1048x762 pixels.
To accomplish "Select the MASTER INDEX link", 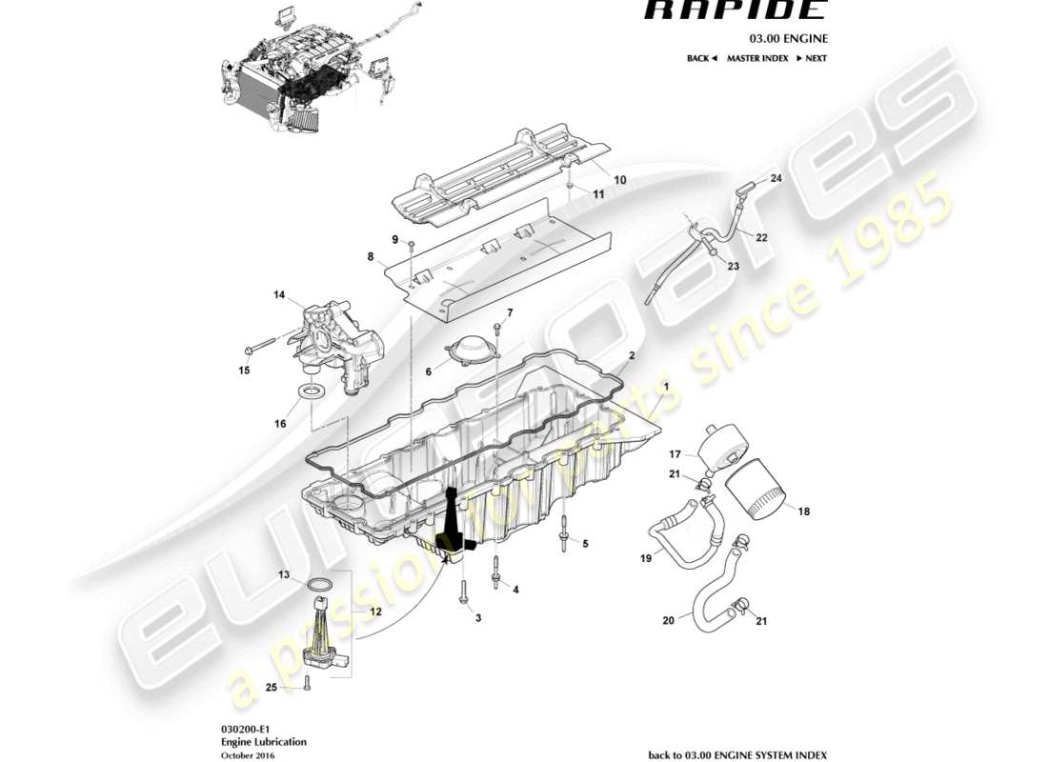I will (x=757, y=58).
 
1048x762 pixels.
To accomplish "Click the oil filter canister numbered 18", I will (x=759, y=489).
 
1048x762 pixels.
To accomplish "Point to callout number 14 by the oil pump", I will (x=279, y=295).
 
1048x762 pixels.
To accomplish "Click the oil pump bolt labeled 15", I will (x=262, y=342).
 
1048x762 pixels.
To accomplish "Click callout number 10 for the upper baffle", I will (x=619, y=179).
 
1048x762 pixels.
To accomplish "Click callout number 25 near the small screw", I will (x=272, y=687).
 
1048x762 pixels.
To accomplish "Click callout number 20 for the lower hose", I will (x=668, y=620).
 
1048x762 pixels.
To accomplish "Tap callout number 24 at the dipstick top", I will (x=776, y=178).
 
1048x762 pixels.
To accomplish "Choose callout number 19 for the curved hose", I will (x=646, y=558).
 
